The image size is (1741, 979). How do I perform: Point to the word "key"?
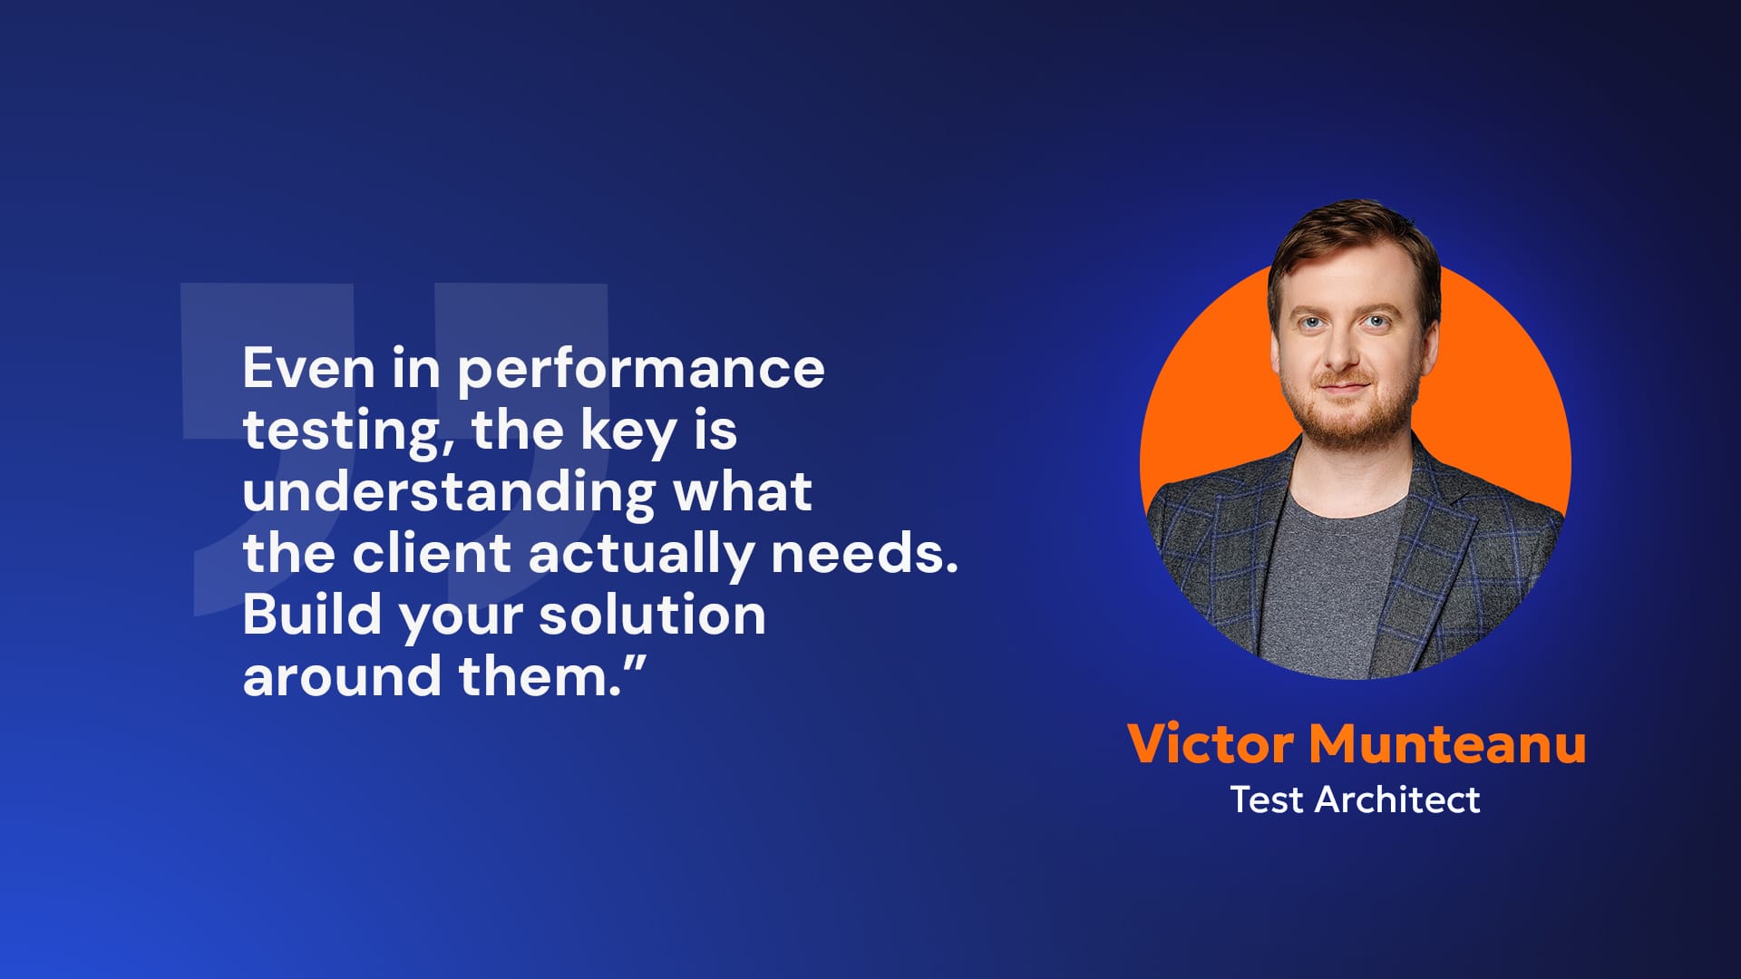tap(628, 432)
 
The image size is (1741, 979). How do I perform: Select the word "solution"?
tap(652, 614)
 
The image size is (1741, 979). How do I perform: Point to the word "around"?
tap(342, 675)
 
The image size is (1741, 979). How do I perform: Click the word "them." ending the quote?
tap(540, 675)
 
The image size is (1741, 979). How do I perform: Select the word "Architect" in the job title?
tap(1397, 800)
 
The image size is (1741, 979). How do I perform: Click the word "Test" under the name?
tap(1267, 800)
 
